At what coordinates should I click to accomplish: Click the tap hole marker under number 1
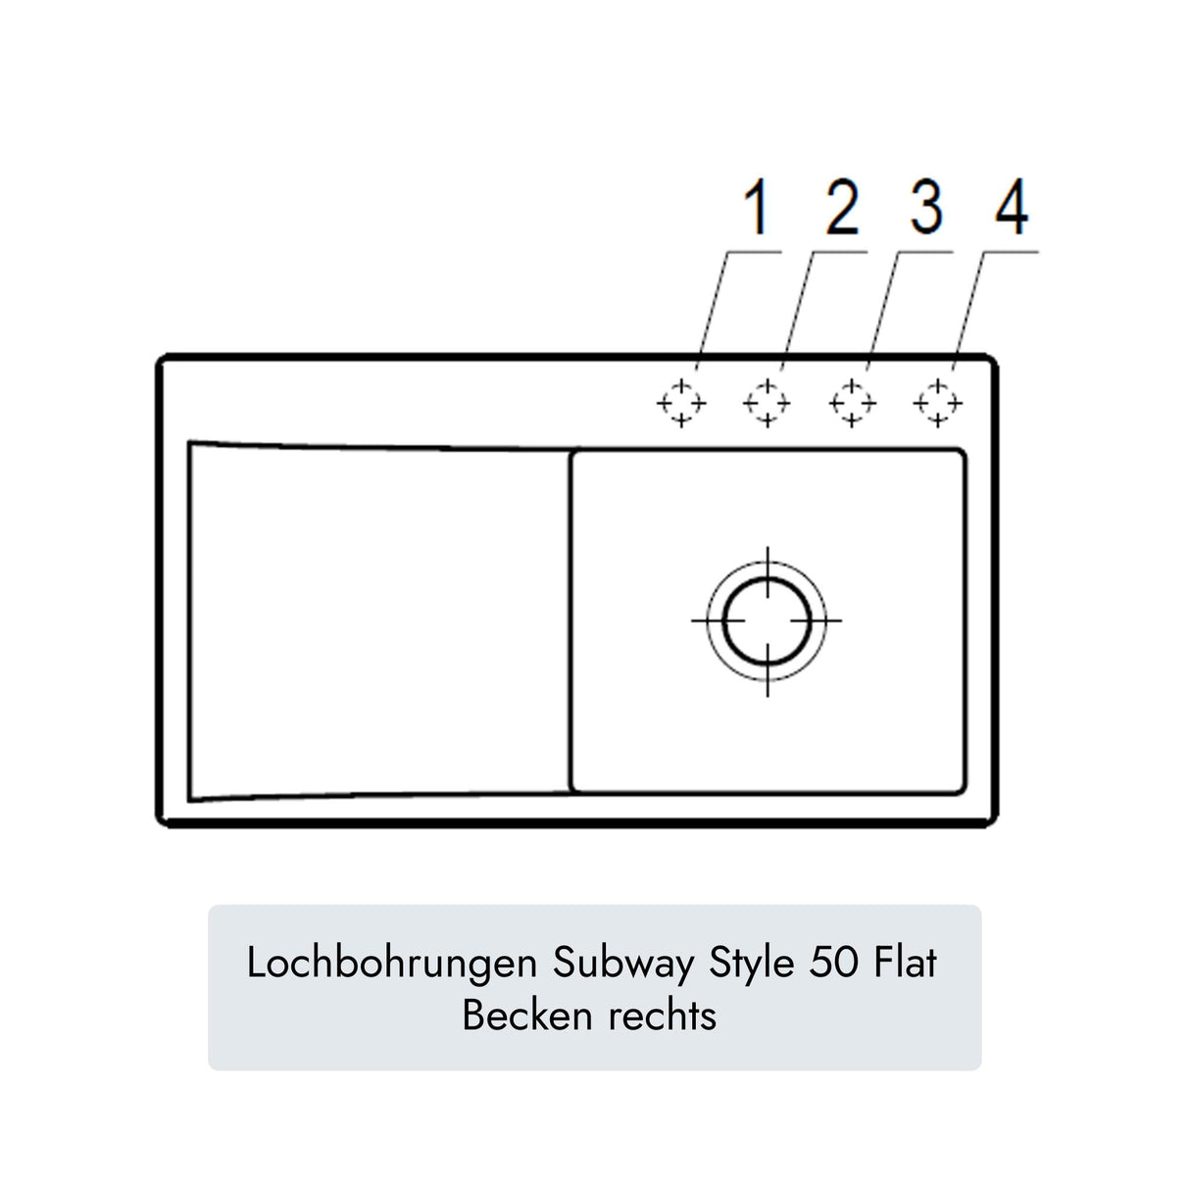tap(680, 403)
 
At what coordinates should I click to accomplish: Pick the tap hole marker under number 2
tap(767, 403)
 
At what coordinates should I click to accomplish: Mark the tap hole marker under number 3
tap(852, 403)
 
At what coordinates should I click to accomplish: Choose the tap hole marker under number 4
tap(938, 403)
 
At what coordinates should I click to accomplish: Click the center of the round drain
tap(767, 620)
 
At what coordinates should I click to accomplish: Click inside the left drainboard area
tap(377, 620)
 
